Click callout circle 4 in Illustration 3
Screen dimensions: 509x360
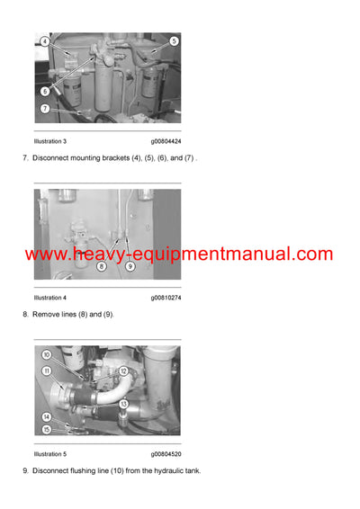(44, 41)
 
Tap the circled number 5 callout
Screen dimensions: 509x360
(174, 41)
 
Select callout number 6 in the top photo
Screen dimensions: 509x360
(44, 91)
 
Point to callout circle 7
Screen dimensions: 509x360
(44, 108)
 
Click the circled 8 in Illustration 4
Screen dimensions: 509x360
(101, 266)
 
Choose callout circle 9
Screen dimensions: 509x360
(130, 266)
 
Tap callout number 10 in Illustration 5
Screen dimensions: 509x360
(47, 355)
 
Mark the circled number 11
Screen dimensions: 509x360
(47, 370)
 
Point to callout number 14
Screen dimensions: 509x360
(46, 416)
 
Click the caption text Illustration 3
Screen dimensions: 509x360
(50, 142)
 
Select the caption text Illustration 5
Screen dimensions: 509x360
(50, 454)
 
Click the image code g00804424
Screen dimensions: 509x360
(166, 142)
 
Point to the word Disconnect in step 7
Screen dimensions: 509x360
(52, 158)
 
